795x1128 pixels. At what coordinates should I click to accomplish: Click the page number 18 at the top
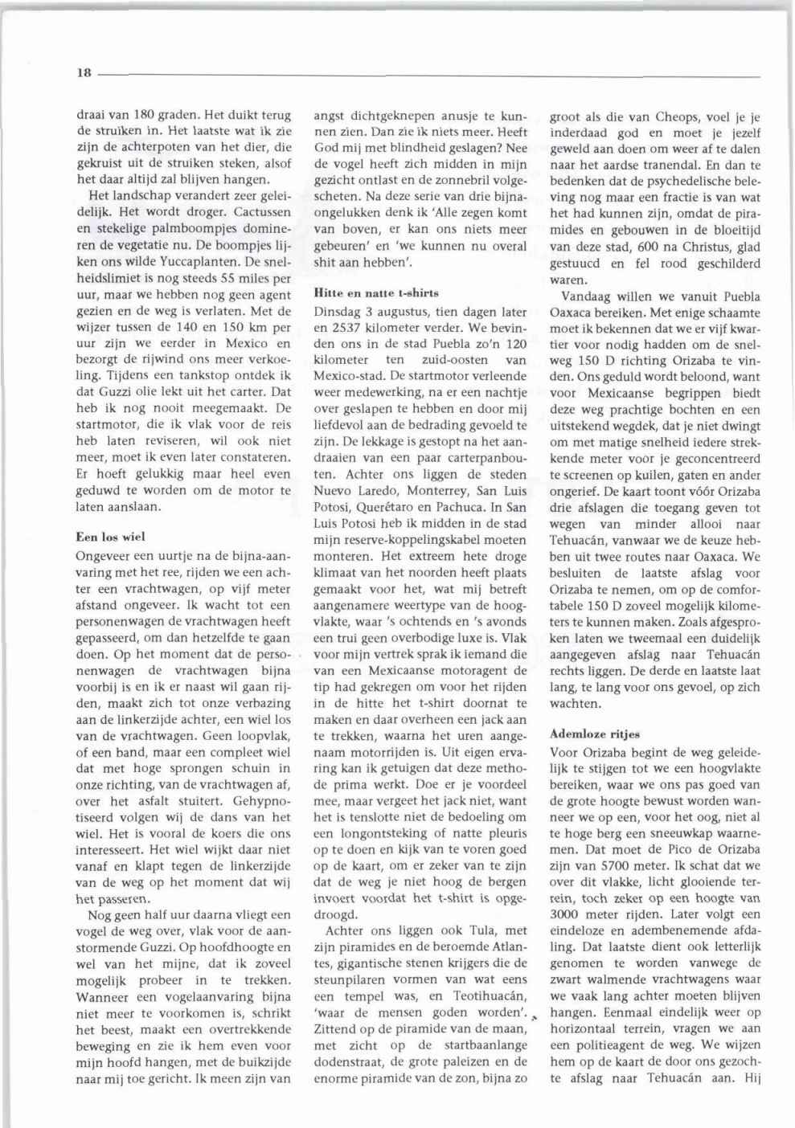point(84,73)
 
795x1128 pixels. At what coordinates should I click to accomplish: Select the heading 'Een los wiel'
point(110,536)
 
